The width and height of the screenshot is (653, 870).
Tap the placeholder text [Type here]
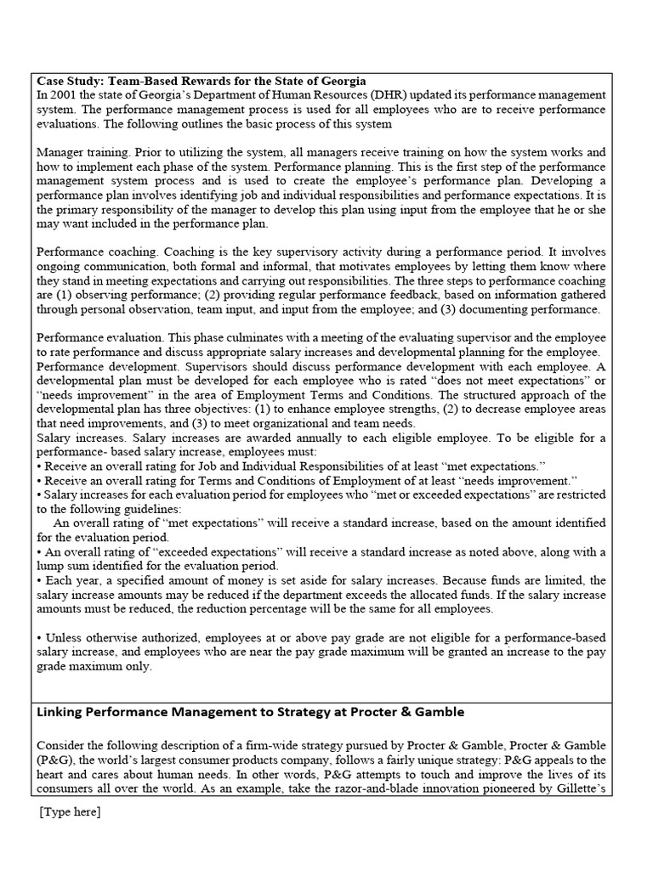(x=70, y=812)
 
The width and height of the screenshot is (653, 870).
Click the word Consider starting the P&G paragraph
(x=63, y=747)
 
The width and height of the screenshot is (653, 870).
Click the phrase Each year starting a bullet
(x=68, y=579)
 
